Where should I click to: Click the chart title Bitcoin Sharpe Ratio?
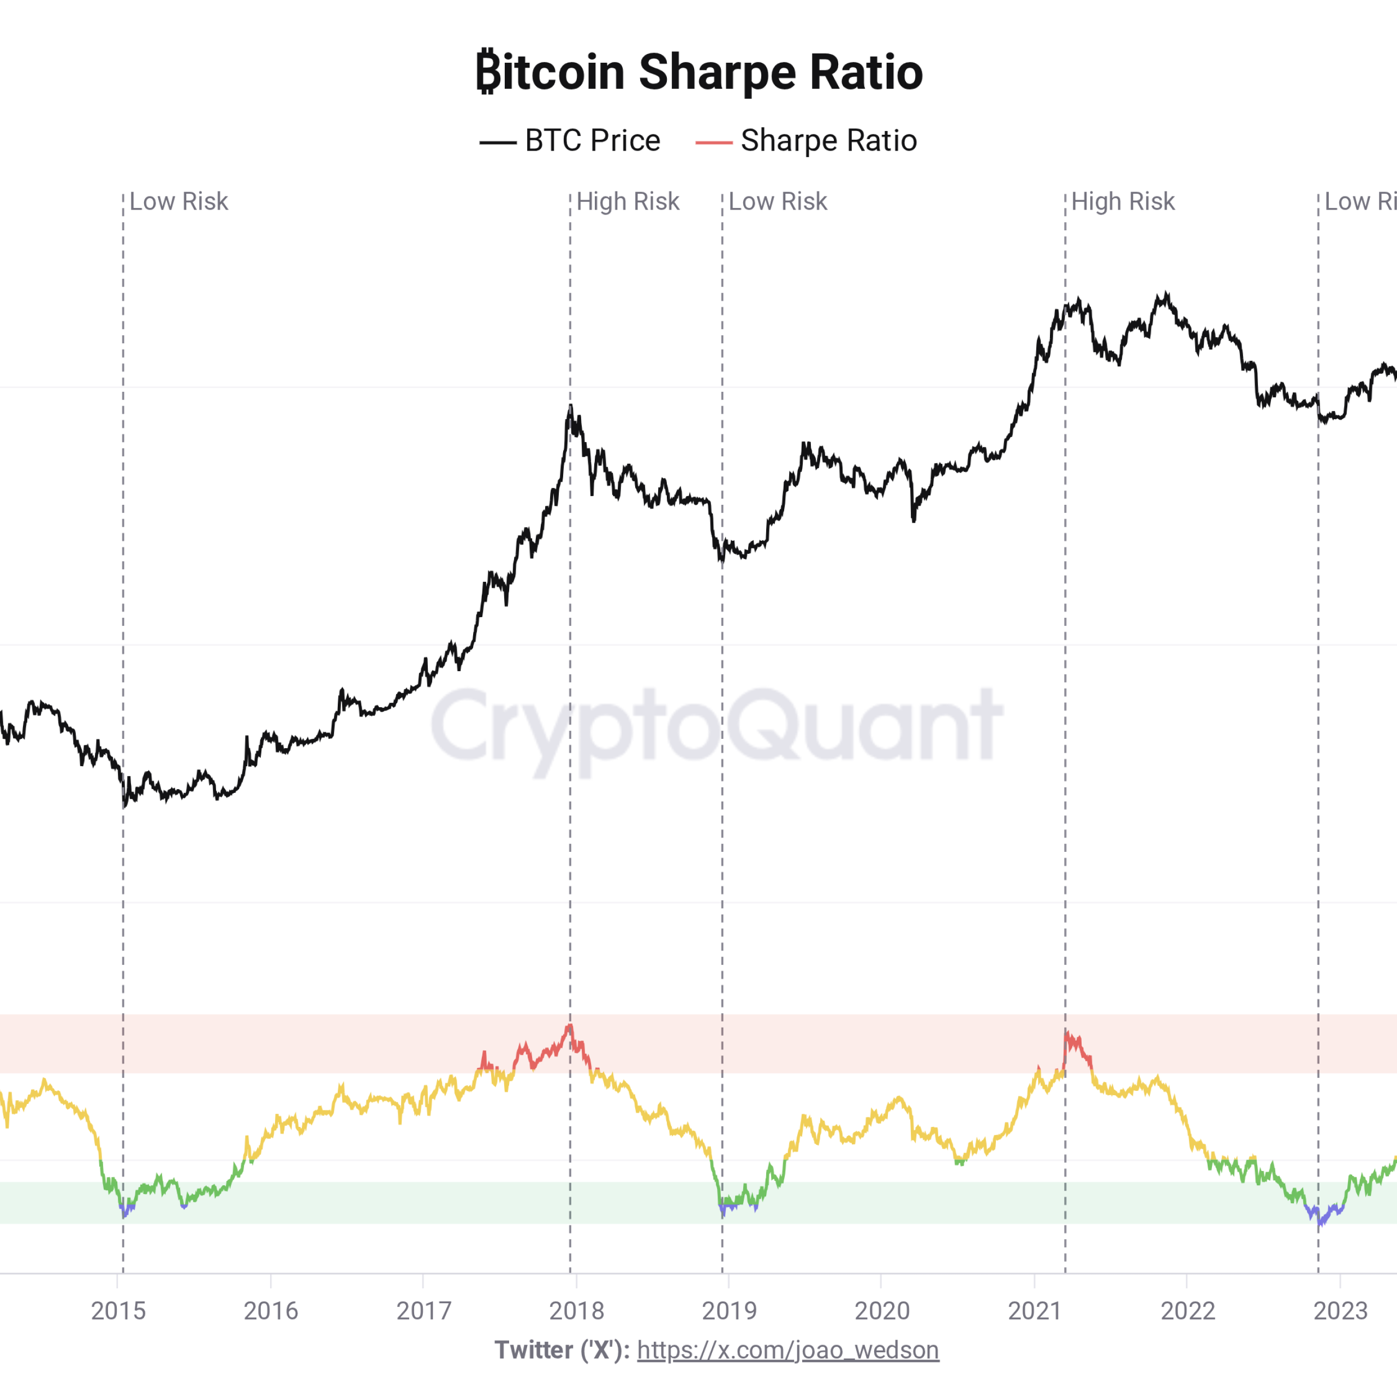[698, 73]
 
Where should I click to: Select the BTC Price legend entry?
[570, 141]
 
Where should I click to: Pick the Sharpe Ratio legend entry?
[806, 141]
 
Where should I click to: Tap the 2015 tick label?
[118, 1311]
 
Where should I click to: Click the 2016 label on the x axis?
[271, 1311]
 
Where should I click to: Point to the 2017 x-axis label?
[423, 1311]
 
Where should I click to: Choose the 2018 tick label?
[576, 1311]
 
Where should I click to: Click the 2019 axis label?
[729, 1311]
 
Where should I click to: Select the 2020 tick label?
[881, 1311]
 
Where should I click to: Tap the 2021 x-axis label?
[1034, 1311]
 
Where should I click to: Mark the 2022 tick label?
[1187, 1311]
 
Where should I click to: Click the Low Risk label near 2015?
[178, 202]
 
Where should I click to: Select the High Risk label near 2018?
[628, 202]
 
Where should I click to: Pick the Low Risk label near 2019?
[777, 202]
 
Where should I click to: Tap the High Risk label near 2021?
[1122, 202]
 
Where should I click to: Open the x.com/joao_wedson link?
[788, 1350]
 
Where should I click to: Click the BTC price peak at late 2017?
[570, 407]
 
